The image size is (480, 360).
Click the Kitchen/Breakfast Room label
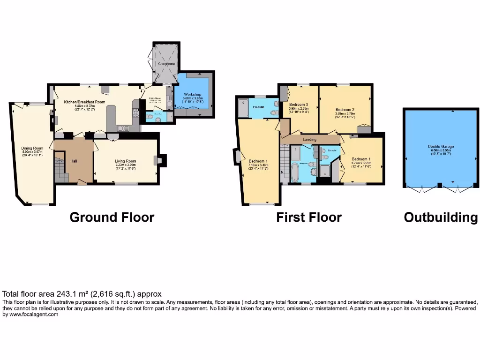[x=84, y=102]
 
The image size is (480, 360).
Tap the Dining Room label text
[x=32, y=149]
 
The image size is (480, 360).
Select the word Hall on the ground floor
[x=74, y=161]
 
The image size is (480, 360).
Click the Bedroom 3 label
[x=298, y=104]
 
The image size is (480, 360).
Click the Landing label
[x=309, y=139]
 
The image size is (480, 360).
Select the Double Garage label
[x=441, y=146]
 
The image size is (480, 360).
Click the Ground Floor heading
[x=112, y=217]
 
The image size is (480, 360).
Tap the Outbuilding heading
[x=440, y=217]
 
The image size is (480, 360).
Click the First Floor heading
[x=308, y=217]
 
